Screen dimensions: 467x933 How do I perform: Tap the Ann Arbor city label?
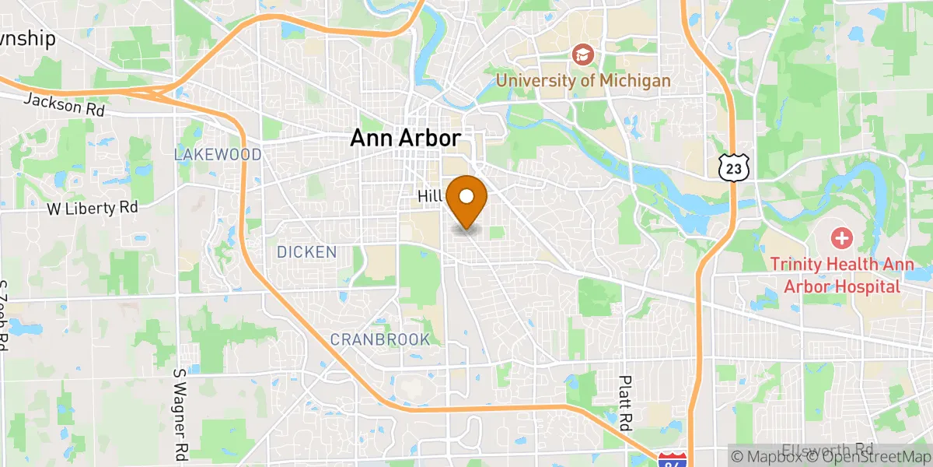coord(405,139)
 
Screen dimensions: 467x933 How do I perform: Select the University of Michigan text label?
coord(583,80)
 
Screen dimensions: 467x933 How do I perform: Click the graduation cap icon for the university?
coord(582,54)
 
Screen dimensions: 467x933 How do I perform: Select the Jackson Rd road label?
coord(64,104)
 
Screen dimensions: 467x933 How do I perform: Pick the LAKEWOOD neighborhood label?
coord(218,155)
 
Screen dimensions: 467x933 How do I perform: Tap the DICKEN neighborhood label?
coord(306,252)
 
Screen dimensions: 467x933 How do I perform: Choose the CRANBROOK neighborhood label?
coord(379,339)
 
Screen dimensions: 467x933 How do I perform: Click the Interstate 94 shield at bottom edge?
coord(671,459)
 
